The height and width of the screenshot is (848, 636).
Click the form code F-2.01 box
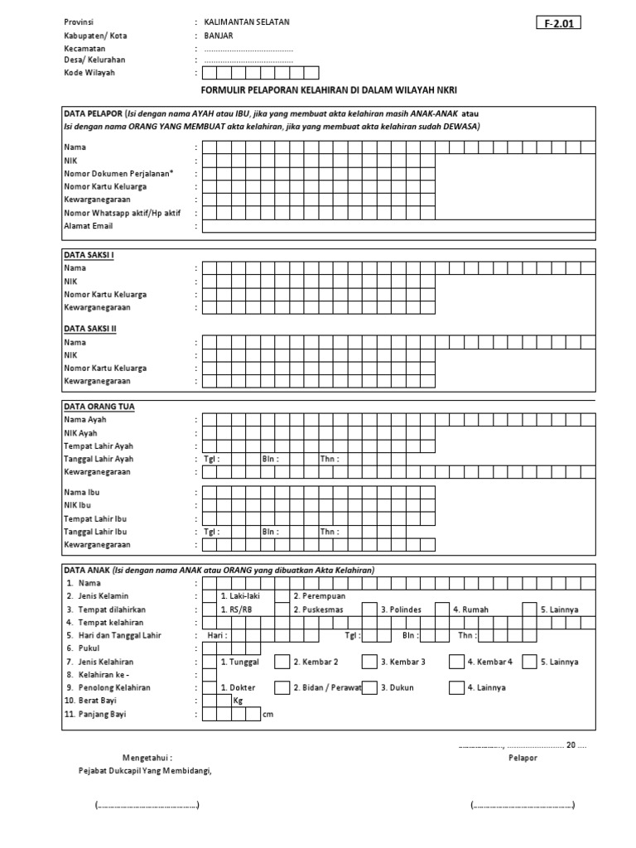pos(558,23)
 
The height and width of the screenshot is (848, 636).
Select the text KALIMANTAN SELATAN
pos(247,22)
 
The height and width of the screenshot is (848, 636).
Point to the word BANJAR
pos(220,36)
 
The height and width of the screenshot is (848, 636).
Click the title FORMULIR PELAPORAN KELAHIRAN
pos(329,89)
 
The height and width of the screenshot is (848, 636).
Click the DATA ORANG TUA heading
pos(99,407)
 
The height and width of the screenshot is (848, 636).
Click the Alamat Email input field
pos(397,226)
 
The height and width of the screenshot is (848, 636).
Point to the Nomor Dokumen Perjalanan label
pos(118,173)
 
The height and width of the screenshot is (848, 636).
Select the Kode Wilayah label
pos(89,73)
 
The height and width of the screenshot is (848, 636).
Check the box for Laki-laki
pos(209,596)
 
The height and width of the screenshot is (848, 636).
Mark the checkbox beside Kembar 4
pos(456,662)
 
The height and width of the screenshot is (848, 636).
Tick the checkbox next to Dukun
pos(369,688)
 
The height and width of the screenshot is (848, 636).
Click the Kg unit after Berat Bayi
pos(238,701)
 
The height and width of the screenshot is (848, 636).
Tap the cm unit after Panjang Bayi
pos(267,715)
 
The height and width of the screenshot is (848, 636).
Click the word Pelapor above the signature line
pos(523,758)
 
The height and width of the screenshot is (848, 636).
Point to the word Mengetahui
pos(147,758)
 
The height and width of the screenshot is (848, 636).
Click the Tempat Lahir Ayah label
pos(98,446)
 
